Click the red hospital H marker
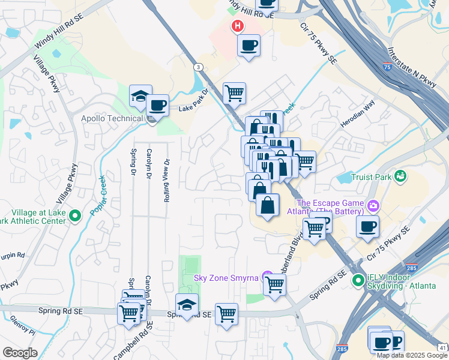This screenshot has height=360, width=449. pyautogui.click(x=238, y=26)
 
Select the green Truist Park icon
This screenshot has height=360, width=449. pyautogui.click(x=399, y=176)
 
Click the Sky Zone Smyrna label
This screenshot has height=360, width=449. pyautogui.click(x=226, y=278)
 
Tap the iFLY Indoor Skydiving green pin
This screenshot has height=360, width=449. pyautogui.click(x=358, y=279)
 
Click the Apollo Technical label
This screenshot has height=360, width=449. pyautogui.click(x=112, y=118)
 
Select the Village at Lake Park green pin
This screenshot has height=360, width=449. pyautogui.click(x=75, y=215)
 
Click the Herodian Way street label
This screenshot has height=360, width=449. pyautogui.click(x=357, y=104)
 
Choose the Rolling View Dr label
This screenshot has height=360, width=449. pyautogui.click(x=167, y=179)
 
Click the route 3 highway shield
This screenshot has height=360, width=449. pyautogui.click(x=197, y=67)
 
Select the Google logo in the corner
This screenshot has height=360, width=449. pyautogui.click(x=20, y=353)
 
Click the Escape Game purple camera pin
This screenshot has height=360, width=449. pyautogui.click(x=373, y=206)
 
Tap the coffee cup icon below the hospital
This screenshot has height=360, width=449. pyautogui.click(x=249, y=45)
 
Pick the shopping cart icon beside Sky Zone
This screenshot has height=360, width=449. pyautogui.click(x=274, y=284)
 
